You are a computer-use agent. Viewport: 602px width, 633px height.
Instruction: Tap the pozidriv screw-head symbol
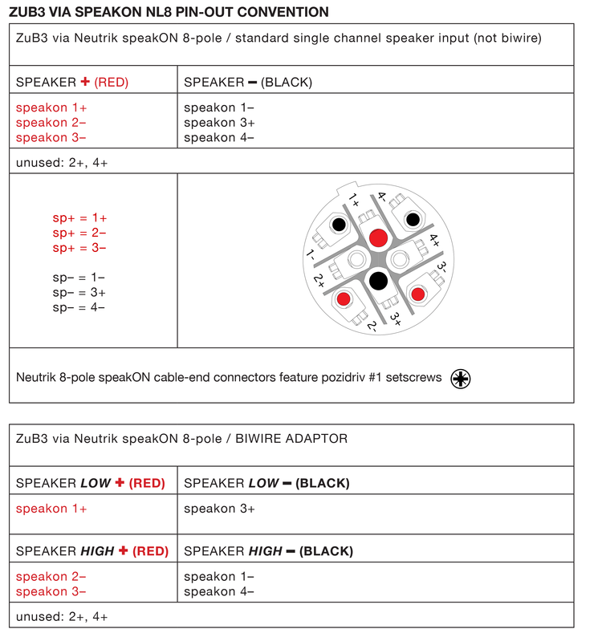click(x=461, y=378)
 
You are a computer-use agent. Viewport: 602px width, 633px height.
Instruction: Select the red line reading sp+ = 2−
click(x=79, y=233)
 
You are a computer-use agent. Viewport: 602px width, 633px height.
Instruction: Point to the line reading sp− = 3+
click(x=79, y=292)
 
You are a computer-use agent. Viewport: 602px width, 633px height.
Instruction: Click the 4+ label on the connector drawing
click(x=434, y=239)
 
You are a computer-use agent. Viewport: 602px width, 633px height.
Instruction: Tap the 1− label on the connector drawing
click(x=310, y=257)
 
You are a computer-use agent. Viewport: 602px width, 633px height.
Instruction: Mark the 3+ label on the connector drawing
click(x=396, y=317)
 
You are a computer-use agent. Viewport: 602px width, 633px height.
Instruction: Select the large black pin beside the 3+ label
click(x=376, y=280)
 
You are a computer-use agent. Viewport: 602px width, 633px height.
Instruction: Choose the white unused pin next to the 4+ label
click(x=399, y=258)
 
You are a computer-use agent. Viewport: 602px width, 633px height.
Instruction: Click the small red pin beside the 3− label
click(x=417, y=294)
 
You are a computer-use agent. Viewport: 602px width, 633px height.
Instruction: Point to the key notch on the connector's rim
click(x=351, y=193)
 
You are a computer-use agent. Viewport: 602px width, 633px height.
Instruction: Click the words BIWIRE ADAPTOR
click(x=303, y=437)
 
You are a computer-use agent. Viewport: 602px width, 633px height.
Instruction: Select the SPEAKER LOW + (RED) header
click(x=91, y=483)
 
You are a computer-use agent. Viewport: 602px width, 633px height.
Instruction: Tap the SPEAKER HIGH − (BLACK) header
click(x=268, y=551)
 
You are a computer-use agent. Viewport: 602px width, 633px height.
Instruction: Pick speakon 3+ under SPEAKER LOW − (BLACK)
click(x=219, y=509)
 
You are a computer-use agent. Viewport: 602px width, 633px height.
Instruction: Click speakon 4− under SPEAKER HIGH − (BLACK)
click(x=219, y=591)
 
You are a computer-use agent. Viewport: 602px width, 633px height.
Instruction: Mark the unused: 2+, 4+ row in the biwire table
click(x=62, y=616)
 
